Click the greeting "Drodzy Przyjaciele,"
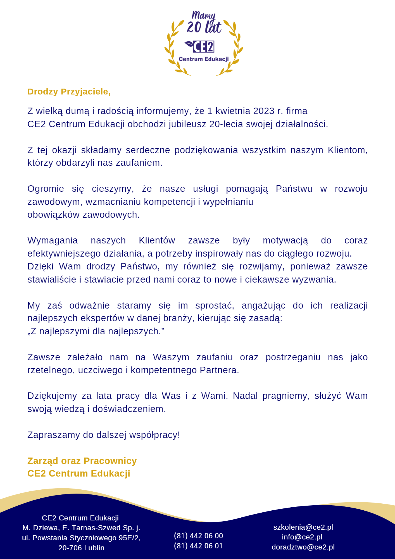point(69,92)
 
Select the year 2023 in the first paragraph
point(264,111)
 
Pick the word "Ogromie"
point(46,189)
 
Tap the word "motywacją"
point(285,241)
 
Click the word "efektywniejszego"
point(64,254)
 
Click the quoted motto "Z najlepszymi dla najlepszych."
point(96,331)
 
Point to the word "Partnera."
point(219,370)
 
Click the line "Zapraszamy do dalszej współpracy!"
point(104,435)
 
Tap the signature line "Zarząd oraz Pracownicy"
point(82,461)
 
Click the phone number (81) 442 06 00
point(198,536)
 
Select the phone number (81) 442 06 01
point(198,546)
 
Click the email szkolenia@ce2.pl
point(303,527)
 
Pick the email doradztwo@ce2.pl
point(303,547)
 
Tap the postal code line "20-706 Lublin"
point(81,548)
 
